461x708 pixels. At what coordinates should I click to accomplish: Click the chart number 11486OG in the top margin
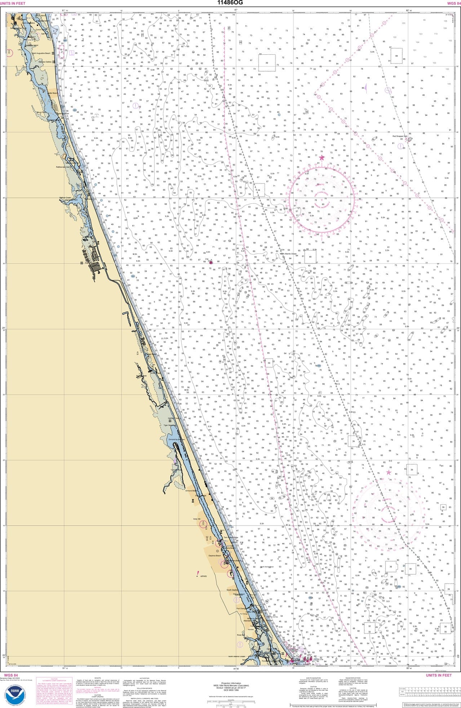pyautogui.click(x=230, y=3)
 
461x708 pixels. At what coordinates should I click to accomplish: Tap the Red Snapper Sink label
pyautogui.click(x=400, y=136)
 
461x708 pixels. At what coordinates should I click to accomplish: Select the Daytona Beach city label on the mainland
pyautogui.click(x=214, y=556)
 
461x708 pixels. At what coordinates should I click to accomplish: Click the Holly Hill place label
pyautogui.click(x=196, y=519)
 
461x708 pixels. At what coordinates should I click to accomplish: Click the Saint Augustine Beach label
pyautogui.click(x=41, y=53)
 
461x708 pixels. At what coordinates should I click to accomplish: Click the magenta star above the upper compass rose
pyautogui.click(x=322, y=158)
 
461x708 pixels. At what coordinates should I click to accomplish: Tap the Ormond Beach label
pyautogui.click(x=191, y=491)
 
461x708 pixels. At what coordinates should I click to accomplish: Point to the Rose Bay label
pyautogui.click(x=240, y=635)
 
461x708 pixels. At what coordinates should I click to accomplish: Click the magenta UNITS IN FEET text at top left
pyautogui.click(x=13, y=3)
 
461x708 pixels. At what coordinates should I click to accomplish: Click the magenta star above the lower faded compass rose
pyautogui.click(x=389, y=472)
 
